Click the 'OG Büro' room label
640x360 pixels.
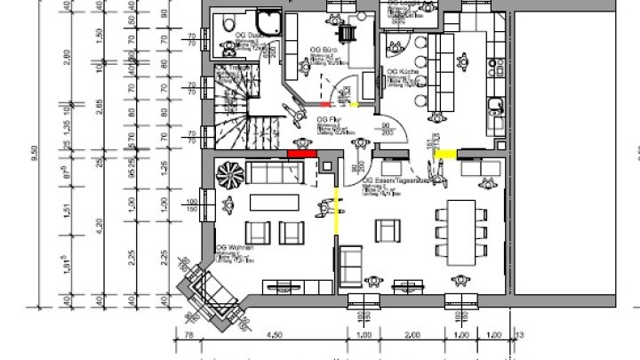click(321, 51)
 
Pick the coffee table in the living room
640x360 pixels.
click(272, 201)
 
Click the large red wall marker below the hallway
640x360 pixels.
click(302, 153)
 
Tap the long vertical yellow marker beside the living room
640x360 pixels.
click(335, 210)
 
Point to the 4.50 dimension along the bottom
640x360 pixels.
click(275, 335)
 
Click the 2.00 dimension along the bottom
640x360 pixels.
click(412, 335)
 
